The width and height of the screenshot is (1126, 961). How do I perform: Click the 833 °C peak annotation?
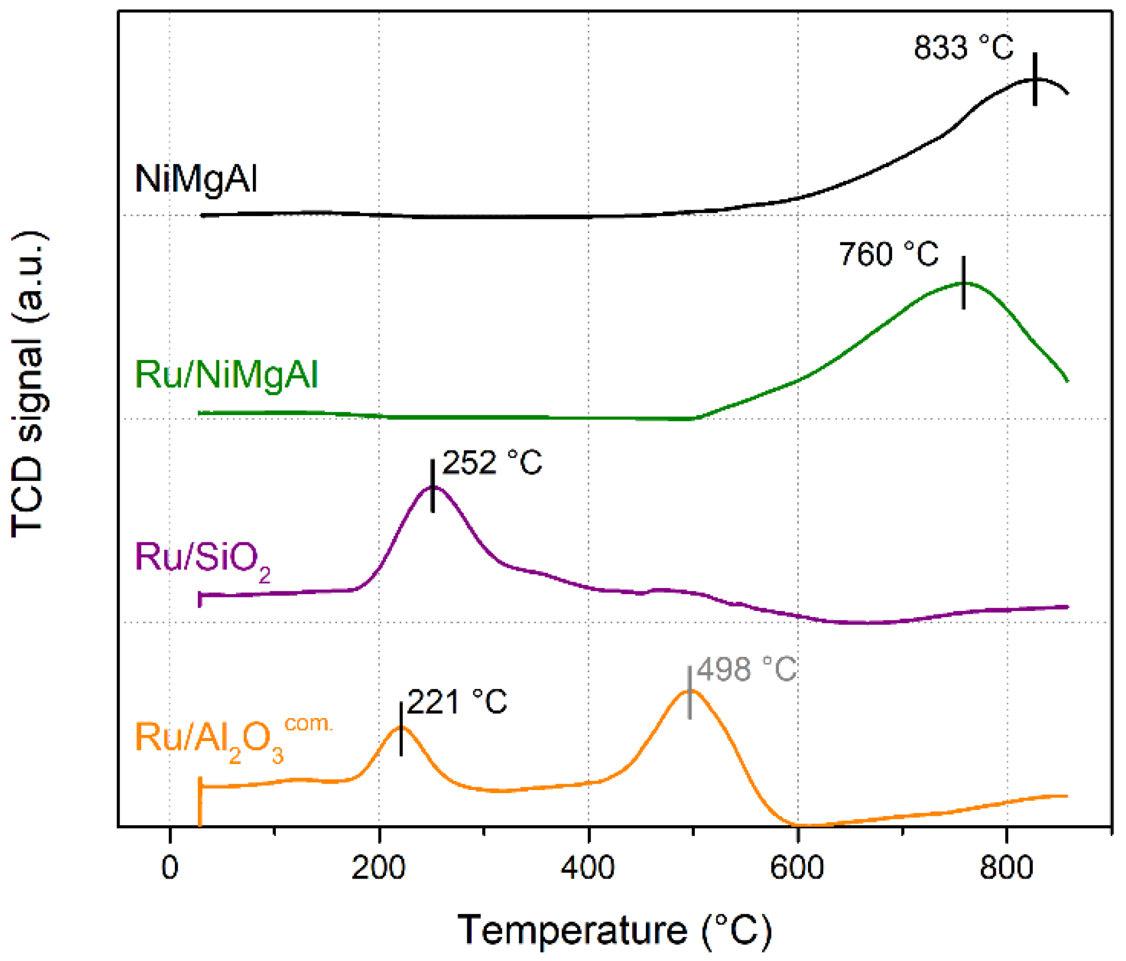(963, 48)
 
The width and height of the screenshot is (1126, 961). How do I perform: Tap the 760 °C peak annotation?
(888, 254)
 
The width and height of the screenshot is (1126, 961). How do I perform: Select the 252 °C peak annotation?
(492, 463)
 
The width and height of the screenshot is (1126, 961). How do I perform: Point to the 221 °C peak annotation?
(457, 702)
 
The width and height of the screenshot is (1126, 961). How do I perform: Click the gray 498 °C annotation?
(746, 669)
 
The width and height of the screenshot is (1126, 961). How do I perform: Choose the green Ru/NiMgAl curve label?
(227, 375)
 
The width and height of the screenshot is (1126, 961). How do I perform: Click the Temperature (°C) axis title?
(615, 930)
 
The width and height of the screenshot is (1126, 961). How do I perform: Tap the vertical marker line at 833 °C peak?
(1035, 79)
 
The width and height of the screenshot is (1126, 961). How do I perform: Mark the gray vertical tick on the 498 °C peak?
(689, 692)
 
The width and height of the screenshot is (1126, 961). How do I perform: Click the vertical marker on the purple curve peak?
(432, 486)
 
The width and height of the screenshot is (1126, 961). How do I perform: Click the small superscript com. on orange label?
(308, 724)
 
